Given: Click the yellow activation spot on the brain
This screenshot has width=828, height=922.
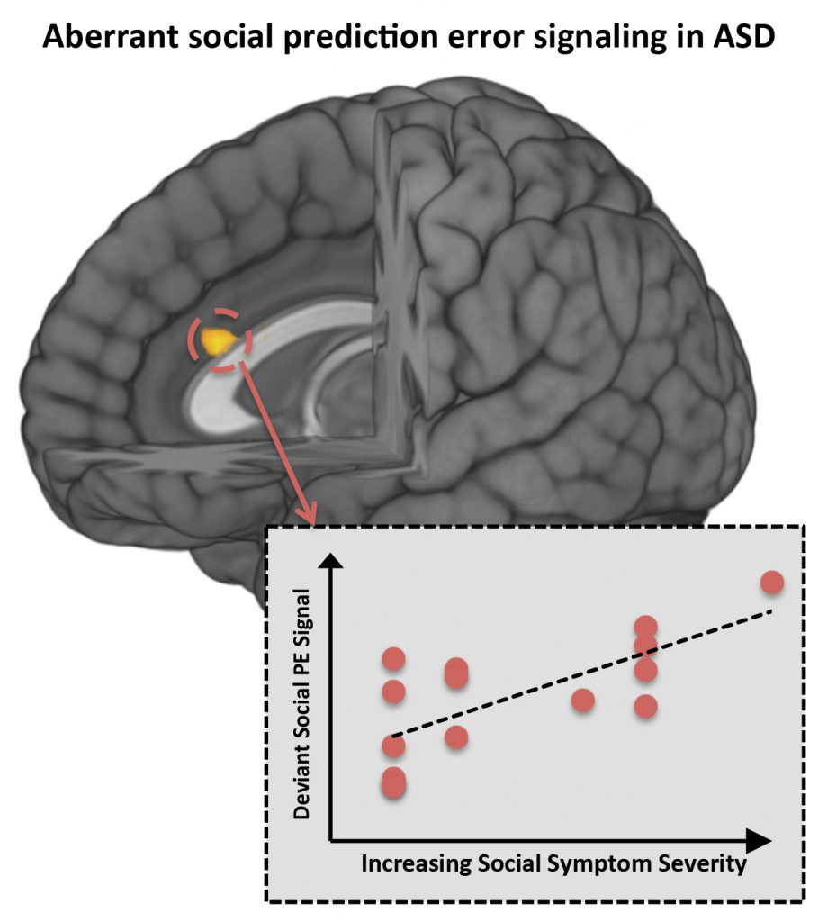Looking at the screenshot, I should pos(219,341).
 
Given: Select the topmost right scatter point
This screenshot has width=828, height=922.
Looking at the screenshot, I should pos(772,583).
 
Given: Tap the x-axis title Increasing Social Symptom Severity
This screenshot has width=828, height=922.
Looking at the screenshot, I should pos(553,865).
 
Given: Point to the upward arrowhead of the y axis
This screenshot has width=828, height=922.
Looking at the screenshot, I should pos(332,562).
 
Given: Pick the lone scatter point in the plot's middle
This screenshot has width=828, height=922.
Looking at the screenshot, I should pos(582,700).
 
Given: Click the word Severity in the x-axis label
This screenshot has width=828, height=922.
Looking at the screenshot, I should pos(703,865).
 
